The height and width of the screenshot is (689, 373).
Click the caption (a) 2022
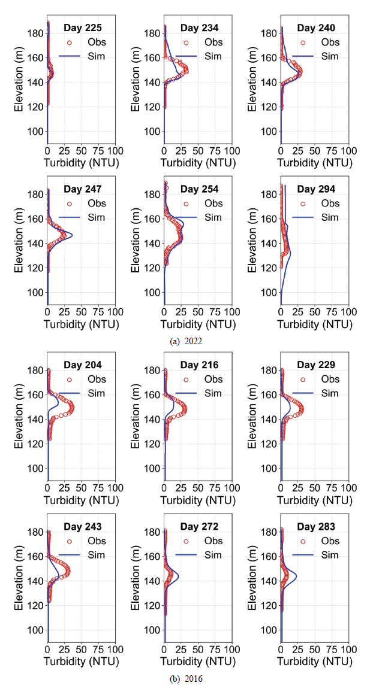[x=186, y=341]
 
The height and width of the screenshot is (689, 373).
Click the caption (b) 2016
[x=186, y=679]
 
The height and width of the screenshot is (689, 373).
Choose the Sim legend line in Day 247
[x=70, y=218]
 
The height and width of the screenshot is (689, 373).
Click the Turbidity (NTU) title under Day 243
[x=82, y=661]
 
